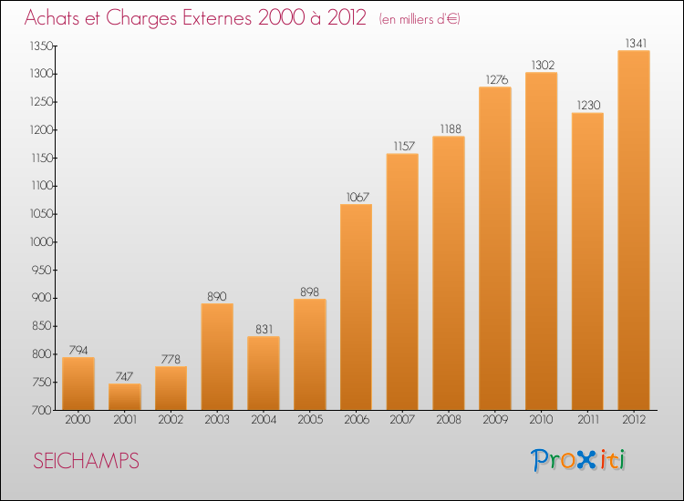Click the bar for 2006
click(356, 307)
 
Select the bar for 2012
click(634, 230)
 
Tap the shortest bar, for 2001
click(125, 397)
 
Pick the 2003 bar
click(217, 357)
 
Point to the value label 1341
click(636, 43)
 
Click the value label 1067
click(358, 197)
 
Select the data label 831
click(264, 330)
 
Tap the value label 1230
click(589, 106)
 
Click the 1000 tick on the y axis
click(41, 242)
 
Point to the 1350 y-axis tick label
click(41, 46)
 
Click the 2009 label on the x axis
click(495, 420)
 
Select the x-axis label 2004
click(264, 420)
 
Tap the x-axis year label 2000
click(78, 420)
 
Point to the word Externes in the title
click(217, 17)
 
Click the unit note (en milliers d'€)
click(420, 19)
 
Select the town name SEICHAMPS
click(86, 461)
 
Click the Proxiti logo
click(578, 460)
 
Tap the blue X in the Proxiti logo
click(586, 461)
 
